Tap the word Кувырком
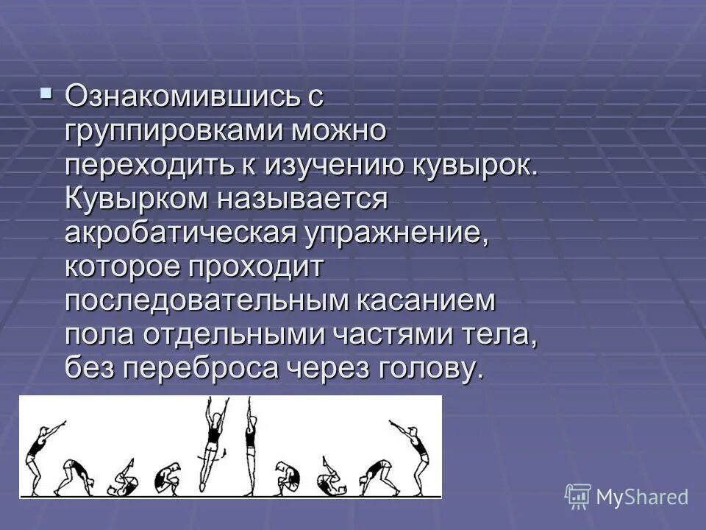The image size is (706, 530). click(140, 199)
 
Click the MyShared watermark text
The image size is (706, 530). click(642, 498)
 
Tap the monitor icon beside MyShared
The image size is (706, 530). click(578, 497)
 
